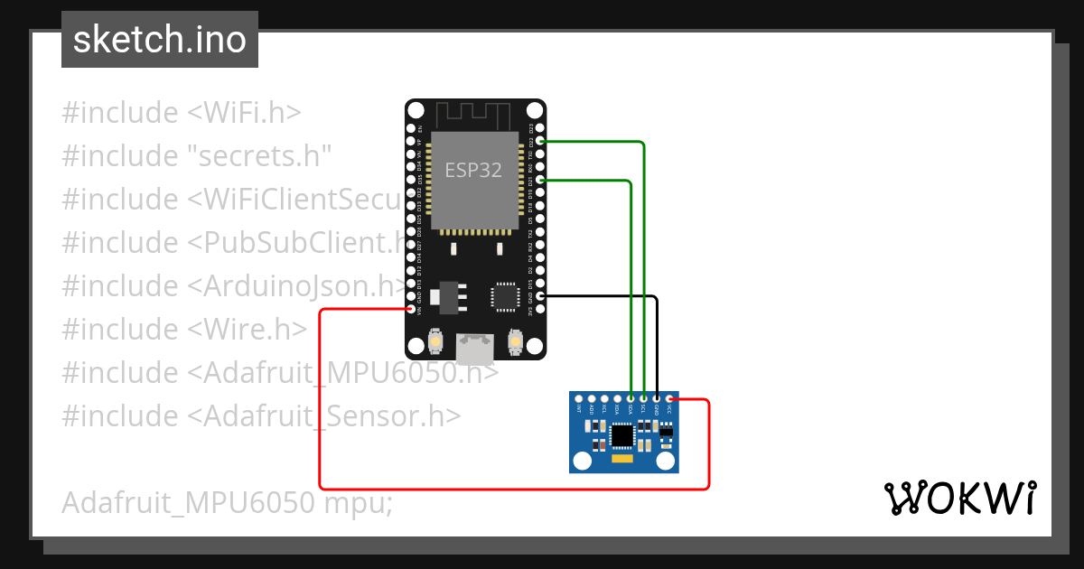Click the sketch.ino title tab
click(159, 40)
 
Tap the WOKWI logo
click(958, 498)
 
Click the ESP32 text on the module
click(473, 170)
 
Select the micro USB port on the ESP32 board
click(475, 348)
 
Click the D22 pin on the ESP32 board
click(540, 142)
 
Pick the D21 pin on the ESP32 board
click(540, 181)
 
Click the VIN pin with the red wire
click(412, 310)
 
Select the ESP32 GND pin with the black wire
click(540, 296)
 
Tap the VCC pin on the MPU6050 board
click(669, 398)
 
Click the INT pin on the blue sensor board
click(578, 398)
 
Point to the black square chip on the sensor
click(622, 436)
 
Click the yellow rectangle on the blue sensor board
click(624, 460)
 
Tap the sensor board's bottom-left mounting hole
click(581, 462)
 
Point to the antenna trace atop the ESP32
click(473, 115)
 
